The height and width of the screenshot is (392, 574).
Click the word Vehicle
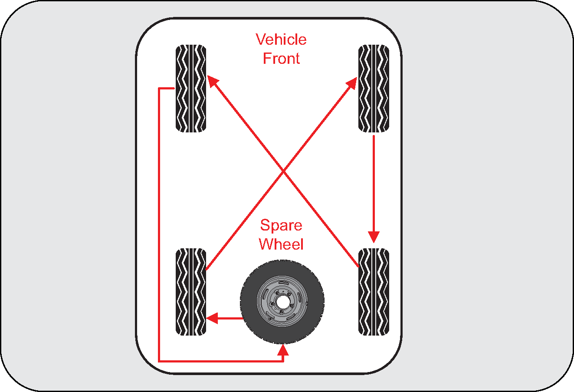pos(281,40)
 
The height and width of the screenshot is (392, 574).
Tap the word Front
pos(281,59)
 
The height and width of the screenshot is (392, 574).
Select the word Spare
pos(281,225)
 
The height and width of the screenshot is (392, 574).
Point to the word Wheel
pos(281,244)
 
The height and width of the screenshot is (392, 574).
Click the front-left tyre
pos(191,88)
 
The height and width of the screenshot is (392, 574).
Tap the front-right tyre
pos(374,88)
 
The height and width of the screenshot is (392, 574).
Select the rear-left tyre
pos(191,292)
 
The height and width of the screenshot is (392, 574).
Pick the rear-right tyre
pos(374,292)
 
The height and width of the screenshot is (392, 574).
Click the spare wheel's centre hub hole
pos(282,302)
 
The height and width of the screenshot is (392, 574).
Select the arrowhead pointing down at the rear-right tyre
pos(374,237)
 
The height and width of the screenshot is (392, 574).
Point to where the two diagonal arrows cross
pos(283,171)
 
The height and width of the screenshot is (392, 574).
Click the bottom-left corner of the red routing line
pos(160,360)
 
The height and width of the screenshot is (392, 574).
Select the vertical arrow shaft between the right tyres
pos(374,182)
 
